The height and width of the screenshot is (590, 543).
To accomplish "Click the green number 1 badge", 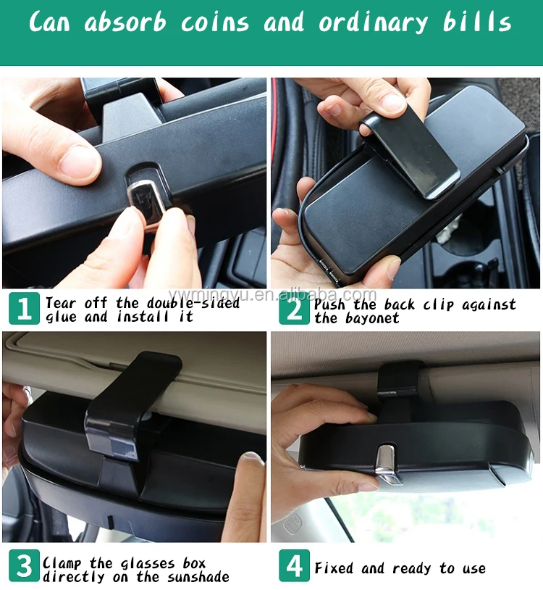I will (x=24, y=309).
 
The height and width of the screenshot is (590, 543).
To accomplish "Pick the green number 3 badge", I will (x=24, y=566).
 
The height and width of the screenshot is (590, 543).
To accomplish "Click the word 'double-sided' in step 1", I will (x=194, y=303).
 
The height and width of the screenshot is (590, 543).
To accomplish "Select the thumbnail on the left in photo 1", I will (x=76, y=159).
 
